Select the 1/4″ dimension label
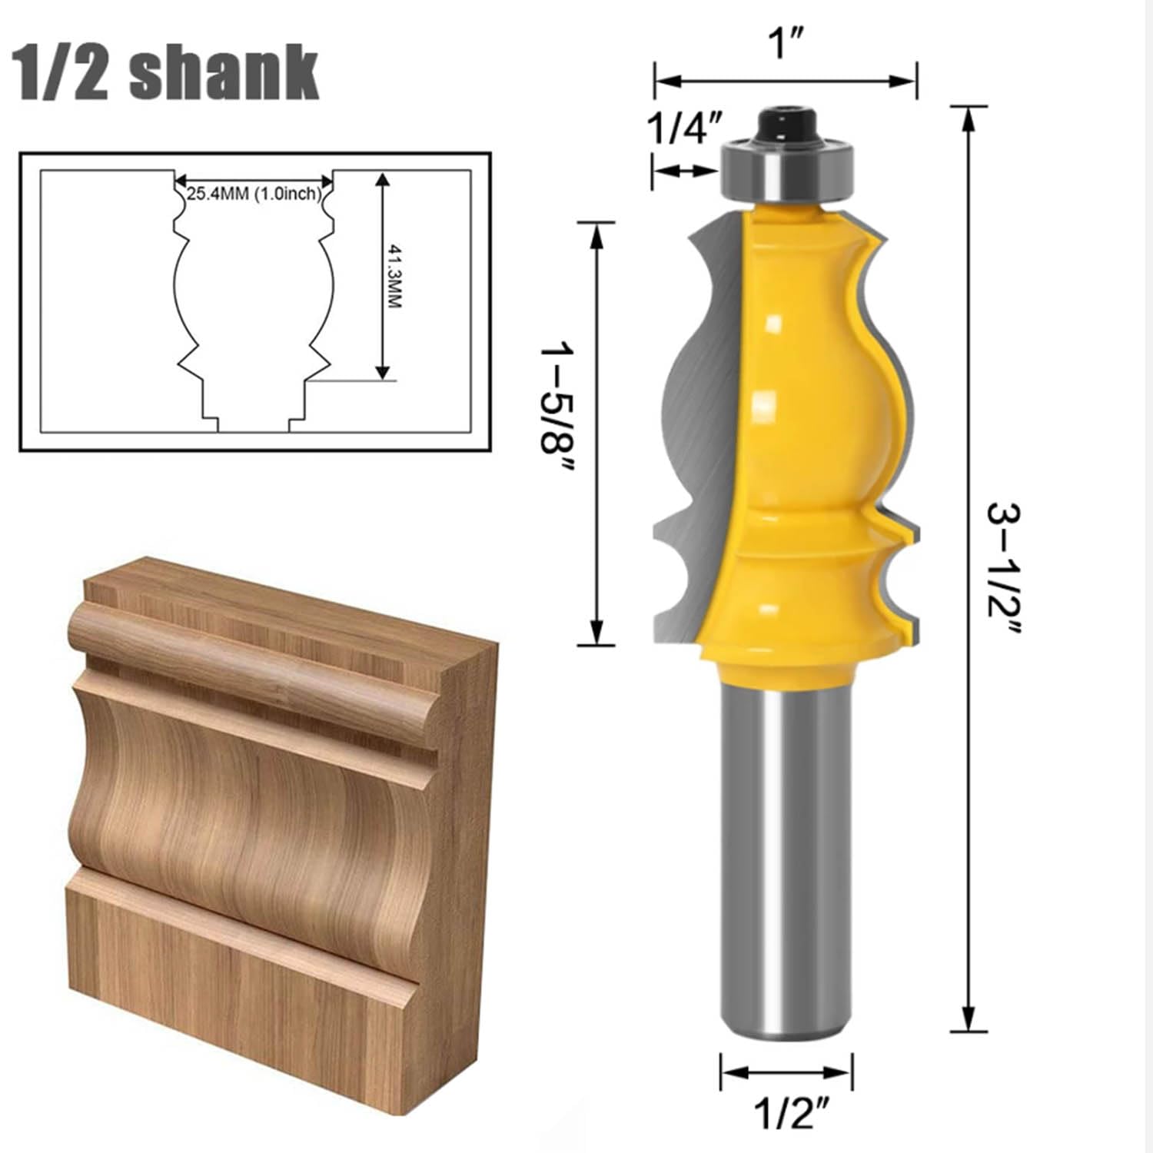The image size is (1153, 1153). click(x=686, y=129)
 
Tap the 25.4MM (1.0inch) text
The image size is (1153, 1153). click(x=253, y=194)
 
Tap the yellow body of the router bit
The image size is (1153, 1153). click(x=799, y=430)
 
